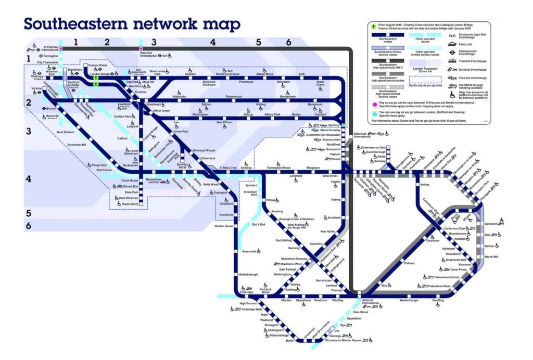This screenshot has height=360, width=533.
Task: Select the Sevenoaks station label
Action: pyautogui.click(x=250, y=251)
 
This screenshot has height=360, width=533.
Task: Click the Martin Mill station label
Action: pyautogui.click(x=491, y=257)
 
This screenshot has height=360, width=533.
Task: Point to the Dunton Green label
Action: pyautogui.click(x=224, y=226)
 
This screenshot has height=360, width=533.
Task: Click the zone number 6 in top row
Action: pyautogui.click(x=288, y=42)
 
